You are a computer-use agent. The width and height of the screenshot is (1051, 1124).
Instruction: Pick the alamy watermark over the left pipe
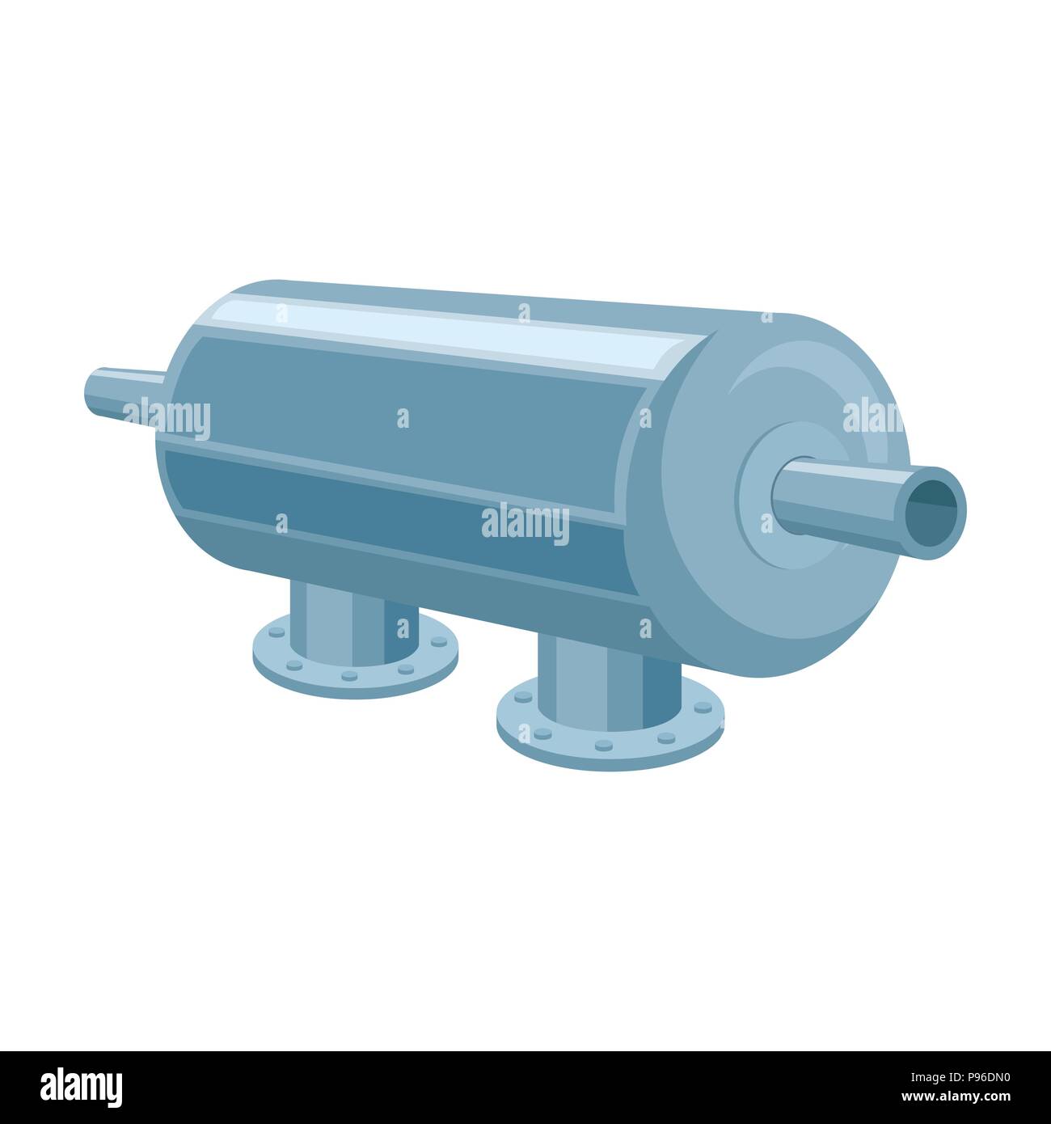pyautogui.click(x=167, y=420)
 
